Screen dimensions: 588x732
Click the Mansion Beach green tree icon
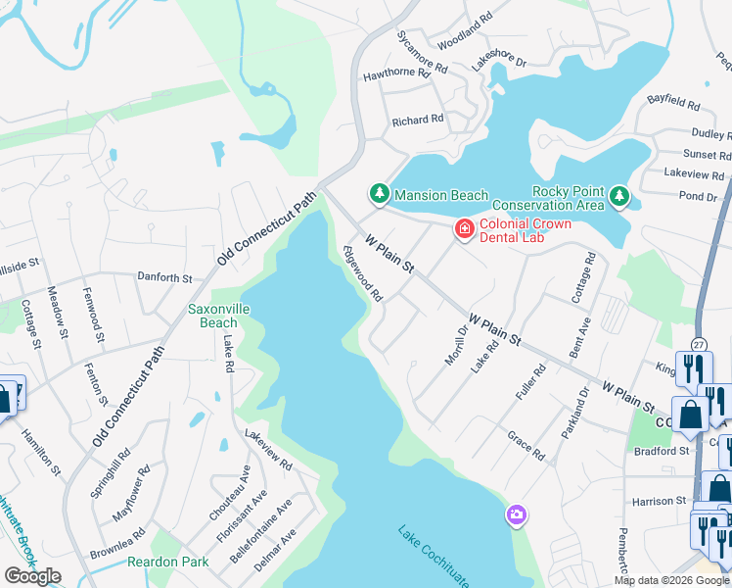click(378, 195)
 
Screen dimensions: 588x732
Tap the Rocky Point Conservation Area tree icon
click(618, 197)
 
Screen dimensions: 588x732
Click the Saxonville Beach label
click(212, 316)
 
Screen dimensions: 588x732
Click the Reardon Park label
click(160, 562)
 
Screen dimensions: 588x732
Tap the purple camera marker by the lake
click(516, 514)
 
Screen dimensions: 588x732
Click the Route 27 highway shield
click(698, 345)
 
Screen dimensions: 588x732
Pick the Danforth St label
click(164, 278)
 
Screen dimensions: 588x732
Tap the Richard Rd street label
click(418, 120)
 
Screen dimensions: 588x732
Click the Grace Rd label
click(526, 445)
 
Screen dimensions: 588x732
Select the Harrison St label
click(660, 501)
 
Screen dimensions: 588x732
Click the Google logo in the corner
click(32, 576)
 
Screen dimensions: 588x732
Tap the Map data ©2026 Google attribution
click(670, 580)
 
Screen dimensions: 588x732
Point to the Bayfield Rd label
click(674, 103)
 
